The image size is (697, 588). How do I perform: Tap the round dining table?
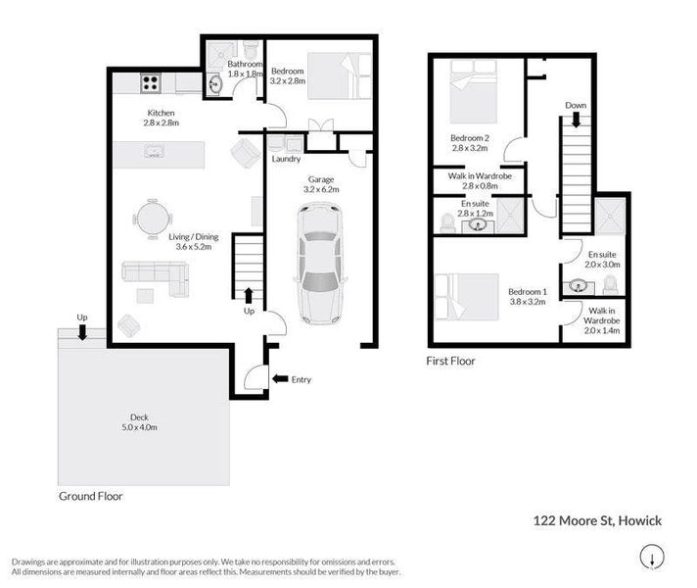coord(151,218)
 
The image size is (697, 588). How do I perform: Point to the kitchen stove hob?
coord(151,82)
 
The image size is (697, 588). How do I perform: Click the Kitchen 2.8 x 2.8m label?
coord(161,119)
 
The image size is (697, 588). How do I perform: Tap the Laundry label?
coord(287,159)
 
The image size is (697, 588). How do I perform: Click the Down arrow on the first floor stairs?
coord(576,118)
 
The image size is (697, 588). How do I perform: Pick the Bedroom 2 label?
coord(469,143)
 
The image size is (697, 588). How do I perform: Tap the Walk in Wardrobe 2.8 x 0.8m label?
coord(479,180)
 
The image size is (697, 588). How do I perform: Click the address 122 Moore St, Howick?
coord(597,520)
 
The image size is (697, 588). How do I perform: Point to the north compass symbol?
coord(649,559)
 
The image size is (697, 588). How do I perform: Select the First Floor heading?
coord(450,362)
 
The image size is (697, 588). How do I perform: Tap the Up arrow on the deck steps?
coord(82,332)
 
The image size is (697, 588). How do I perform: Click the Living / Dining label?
coord(194,241)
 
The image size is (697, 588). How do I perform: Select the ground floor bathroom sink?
coord(215,85)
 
